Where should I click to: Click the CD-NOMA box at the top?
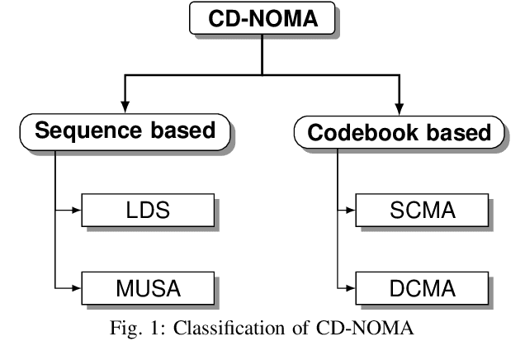click(x=261, y=19)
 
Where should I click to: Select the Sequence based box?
click(x=123, y=133)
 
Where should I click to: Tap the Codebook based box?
click(x=399, y=133)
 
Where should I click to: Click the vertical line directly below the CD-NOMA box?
click(x=261, y=54)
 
